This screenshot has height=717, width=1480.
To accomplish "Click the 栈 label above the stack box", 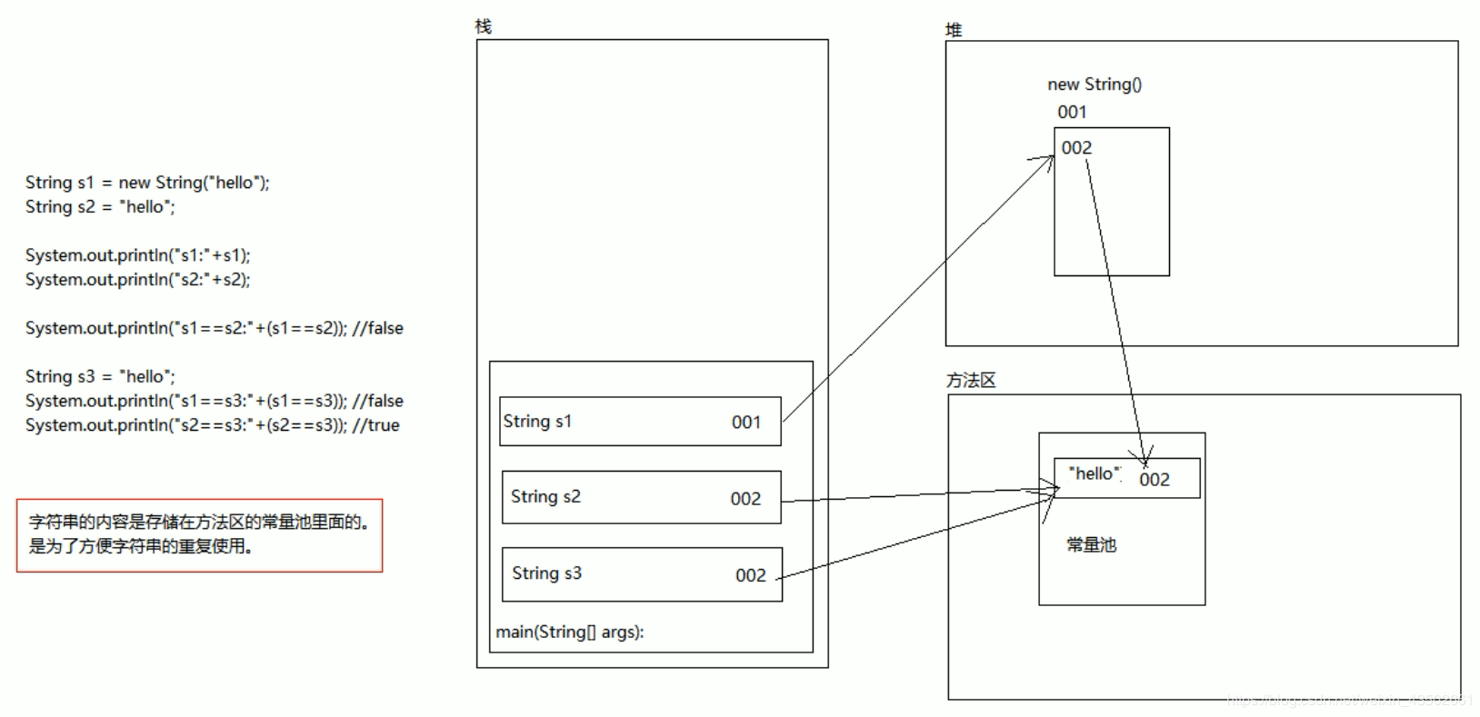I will [x=483, y=26].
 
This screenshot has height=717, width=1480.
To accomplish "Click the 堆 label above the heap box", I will [x=953, y=30].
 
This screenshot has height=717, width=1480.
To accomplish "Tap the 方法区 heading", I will [x=970, y=380].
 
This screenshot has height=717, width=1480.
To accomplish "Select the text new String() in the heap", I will [x=1094, y=85].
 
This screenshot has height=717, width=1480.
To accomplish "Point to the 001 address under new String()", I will [x=1072, y=112].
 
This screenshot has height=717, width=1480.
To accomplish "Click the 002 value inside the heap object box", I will [x=1076, y=148].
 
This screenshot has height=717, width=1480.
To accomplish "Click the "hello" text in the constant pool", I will [x=1095, y=473].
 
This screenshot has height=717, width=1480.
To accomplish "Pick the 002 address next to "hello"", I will [x=1155, y=479].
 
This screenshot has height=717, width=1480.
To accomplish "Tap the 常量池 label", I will [x=1091, y=544].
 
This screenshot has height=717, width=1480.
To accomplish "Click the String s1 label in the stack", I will [x=537, y=421].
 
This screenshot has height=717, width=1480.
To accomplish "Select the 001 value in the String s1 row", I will [x=745, y=422].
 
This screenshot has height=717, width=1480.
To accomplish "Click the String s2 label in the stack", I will [x=545, y=496].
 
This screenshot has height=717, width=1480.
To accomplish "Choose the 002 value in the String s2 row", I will [x=745, y=498].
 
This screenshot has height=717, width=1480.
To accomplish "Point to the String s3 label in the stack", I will [x=546, y=573].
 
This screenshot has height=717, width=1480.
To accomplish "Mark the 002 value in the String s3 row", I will [x=750, y=574].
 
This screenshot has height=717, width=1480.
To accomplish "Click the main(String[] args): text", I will [x=569, y=632].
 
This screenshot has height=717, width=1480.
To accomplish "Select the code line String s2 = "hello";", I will [x=100, y=206].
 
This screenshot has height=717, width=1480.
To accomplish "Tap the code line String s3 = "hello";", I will [x=100, y=376].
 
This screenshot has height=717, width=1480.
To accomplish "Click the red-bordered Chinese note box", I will [x=199, y=535].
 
